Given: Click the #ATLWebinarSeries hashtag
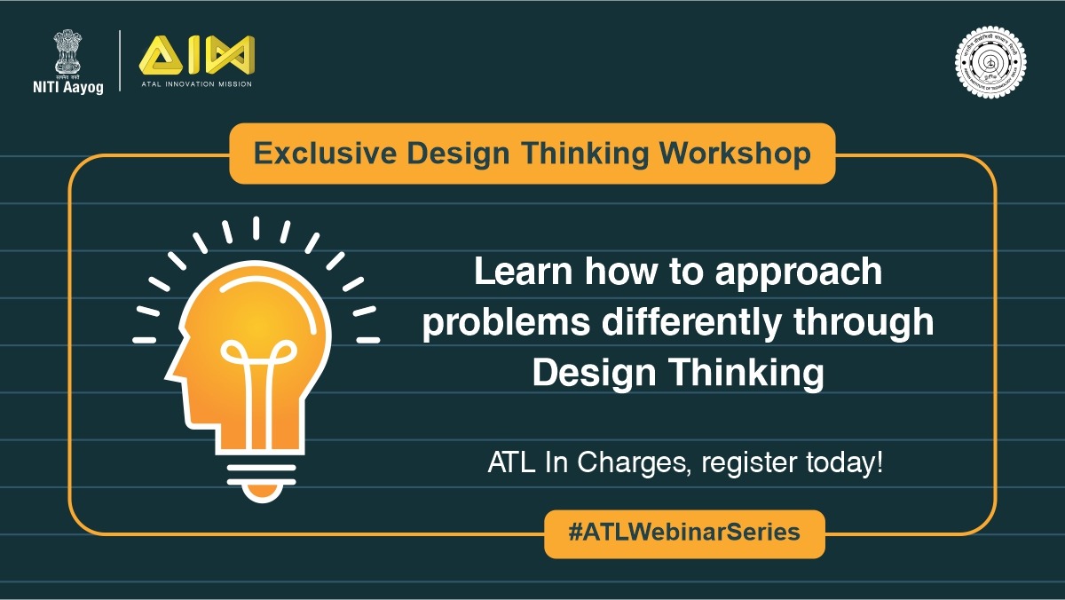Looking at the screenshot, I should (x=683, y=533).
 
